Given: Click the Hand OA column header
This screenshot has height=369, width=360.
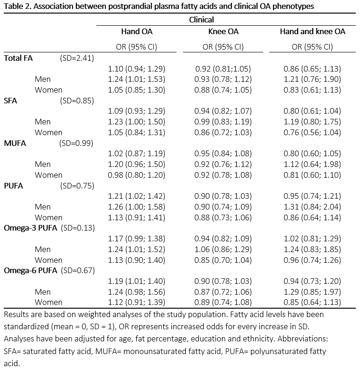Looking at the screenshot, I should click(137, 32).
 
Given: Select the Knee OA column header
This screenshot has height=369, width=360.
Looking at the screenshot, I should click(223, 32).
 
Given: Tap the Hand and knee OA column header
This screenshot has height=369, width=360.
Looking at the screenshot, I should click(312, 32).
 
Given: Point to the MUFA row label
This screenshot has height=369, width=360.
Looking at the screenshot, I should click(15, 143).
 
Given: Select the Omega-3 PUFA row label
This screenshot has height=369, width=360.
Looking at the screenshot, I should click(30, 228).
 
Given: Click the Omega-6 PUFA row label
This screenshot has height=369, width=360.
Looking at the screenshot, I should click(30, 270).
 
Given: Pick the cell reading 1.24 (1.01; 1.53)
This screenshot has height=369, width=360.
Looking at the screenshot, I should click(137, 79).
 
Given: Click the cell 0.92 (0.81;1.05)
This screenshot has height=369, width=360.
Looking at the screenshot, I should click(223, 69).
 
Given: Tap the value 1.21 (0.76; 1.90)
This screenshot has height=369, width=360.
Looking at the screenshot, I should click(312, 79).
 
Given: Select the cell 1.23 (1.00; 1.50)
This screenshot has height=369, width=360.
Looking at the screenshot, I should click(137, 122).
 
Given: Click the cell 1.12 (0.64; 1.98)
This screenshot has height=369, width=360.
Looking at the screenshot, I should click(312, 164).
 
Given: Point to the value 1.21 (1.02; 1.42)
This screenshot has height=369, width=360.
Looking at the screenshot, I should click(137, 196).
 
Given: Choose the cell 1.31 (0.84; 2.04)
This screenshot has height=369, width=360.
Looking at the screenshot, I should click(312, 207).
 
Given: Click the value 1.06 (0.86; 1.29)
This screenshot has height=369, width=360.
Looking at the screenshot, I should click(223, 249).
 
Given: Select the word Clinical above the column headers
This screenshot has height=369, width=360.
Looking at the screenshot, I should click(202, 20).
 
